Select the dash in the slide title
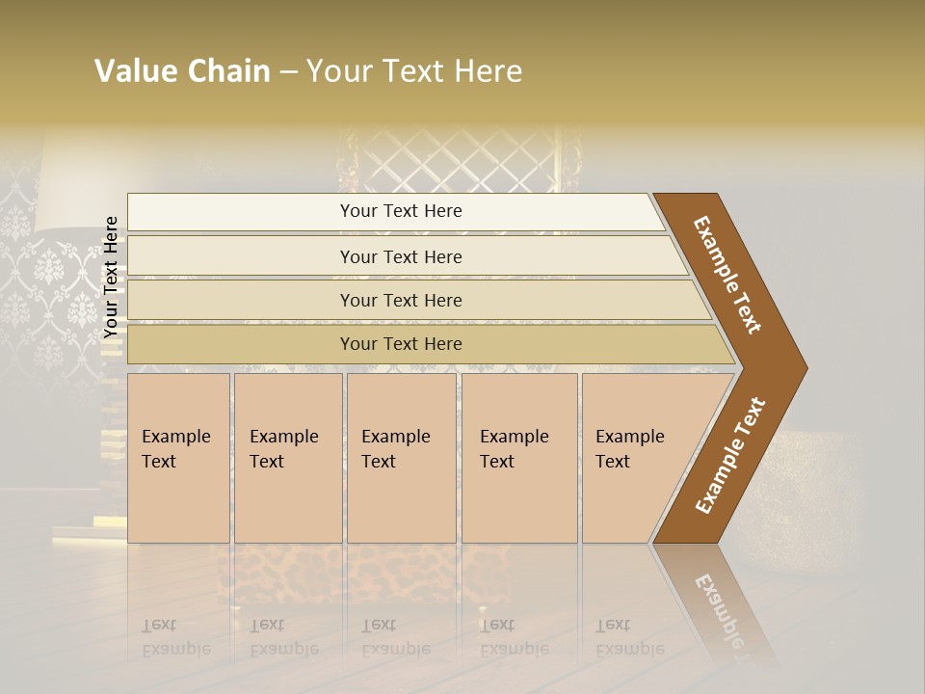(x=288, y=72)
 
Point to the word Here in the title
(x=488, y=71)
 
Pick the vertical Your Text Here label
(x=112, y=277)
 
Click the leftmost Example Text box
(x=178, y=458)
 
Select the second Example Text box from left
(x=287, y=458)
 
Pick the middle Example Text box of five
(x=401, y=458)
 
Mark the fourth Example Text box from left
(x=519, y=458)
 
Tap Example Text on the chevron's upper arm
(x=727, y=275)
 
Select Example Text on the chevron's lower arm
(x=729, y=456)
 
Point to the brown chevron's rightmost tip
(x=805, y=368)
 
